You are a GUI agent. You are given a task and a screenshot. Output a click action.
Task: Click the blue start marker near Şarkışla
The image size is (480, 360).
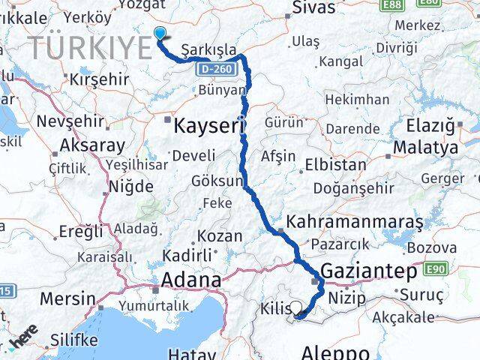click(x=160, y=31)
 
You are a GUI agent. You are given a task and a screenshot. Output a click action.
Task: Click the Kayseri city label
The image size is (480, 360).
click(x=210, y=125)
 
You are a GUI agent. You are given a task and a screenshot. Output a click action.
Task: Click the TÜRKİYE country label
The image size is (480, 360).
click(x=91, y=47)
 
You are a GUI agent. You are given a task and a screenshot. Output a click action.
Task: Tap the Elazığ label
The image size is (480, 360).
click(x=430, y=126)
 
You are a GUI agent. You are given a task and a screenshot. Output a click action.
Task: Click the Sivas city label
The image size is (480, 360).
click(x=310, y=9)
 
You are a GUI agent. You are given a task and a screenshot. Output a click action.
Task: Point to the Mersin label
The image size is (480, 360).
click(x=67, y=298)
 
